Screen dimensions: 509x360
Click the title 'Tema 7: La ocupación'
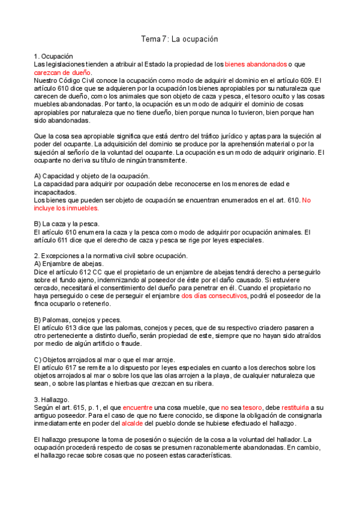(x=179, y=39)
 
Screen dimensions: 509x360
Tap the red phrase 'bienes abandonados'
(x=256, y=64)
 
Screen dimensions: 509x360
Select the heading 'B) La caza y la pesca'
(x=66, y=223)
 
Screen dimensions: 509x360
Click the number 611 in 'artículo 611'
(x=70, y=239)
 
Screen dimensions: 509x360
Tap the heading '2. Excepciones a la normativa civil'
(x=111, y=255)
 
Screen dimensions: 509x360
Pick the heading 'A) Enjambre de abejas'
(x=69, y=264)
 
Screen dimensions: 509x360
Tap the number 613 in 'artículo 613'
(x=68, y=328)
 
